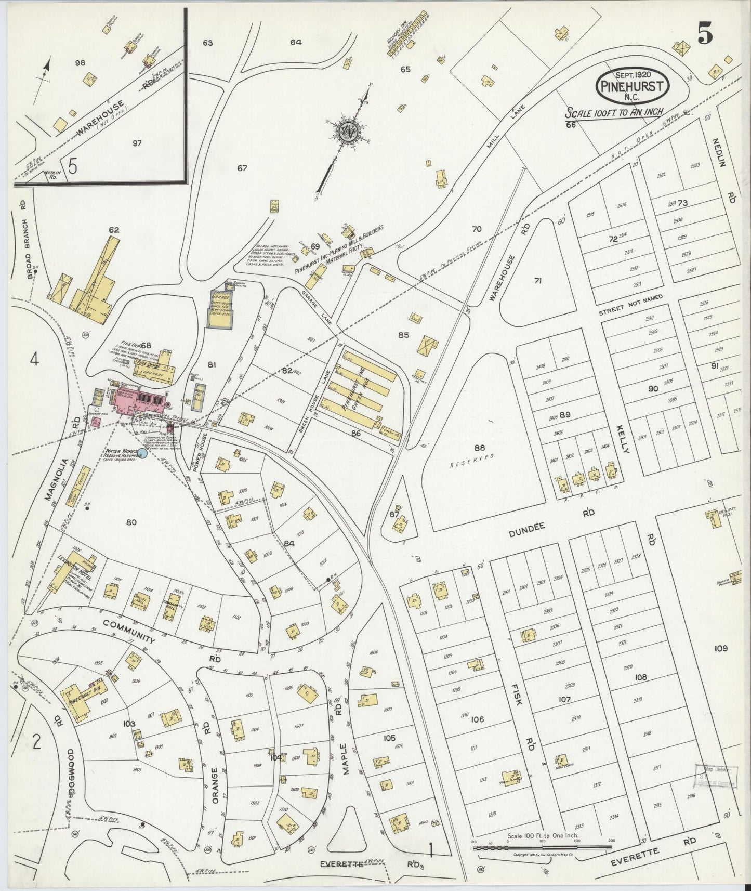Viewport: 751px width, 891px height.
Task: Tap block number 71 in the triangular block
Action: [538, 280]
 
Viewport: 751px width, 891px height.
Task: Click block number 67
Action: [242, 168]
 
